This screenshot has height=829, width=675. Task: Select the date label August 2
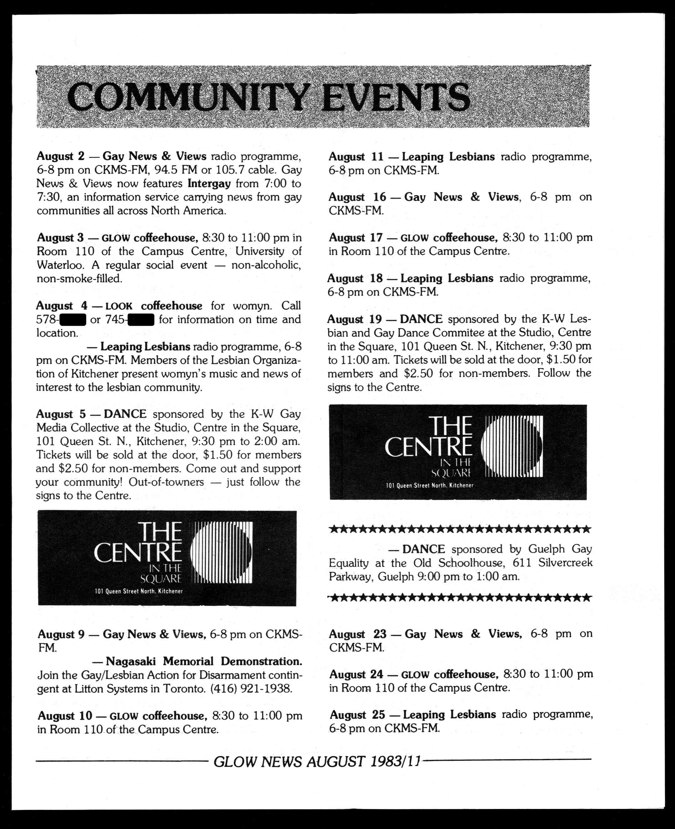(x=60, y=156)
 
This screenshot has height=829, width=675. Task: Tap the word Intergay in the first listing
(x=209, y=183)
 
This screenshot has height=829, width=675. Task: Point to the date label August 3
(x=60, y=238)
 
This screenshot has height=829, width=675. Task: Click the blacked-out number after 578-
(x=73, y=320)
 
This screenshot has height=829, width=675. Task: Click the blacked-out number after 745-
(x=141, y=320)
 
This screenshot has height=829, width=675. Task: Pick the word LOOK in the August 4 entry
(x=118, y=307)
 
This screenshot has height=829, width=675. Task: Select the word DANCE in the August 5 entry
(x=125, y=414)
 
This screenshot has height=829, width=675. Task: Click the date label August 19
(x=354, y=319)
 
